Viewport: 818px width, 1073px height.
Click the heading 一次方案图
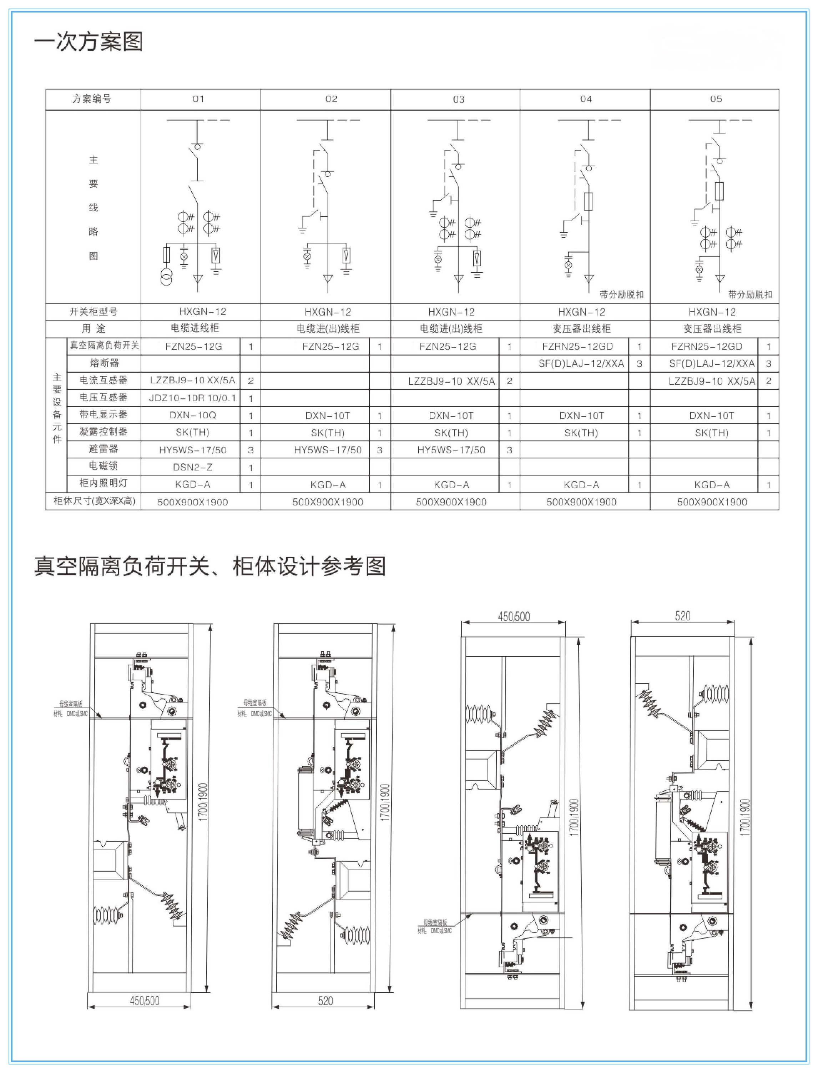[88, 42]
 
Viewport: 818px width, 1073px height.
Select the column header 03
[458, 99]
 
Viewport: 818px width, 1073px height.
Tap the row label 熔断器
[104, 363]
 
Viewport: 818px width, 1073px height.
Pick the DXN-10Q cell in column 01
[192, 415]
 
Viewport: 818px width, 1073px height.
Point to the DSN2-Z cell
[192, 467]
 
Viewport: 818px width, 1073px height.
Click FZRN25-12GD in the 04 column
[577, 346]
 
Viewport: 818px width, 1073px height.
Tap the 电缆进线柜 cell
[195, 328]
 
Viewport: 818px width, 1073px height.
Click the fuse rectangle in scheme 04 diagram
[588, 201]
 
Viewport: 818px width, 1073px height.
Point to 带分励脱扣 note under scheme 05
[750, 294]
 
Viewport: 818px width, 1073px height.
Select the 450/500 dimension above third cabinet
[514, 616]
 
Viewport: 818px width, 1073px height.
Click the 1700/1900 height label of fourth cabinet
[746, 817]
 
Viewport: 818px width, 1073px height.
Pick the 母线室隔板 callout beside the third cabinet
[434, 923]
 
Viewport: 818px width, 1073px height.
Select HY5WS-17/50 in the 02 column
[328, 450]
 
